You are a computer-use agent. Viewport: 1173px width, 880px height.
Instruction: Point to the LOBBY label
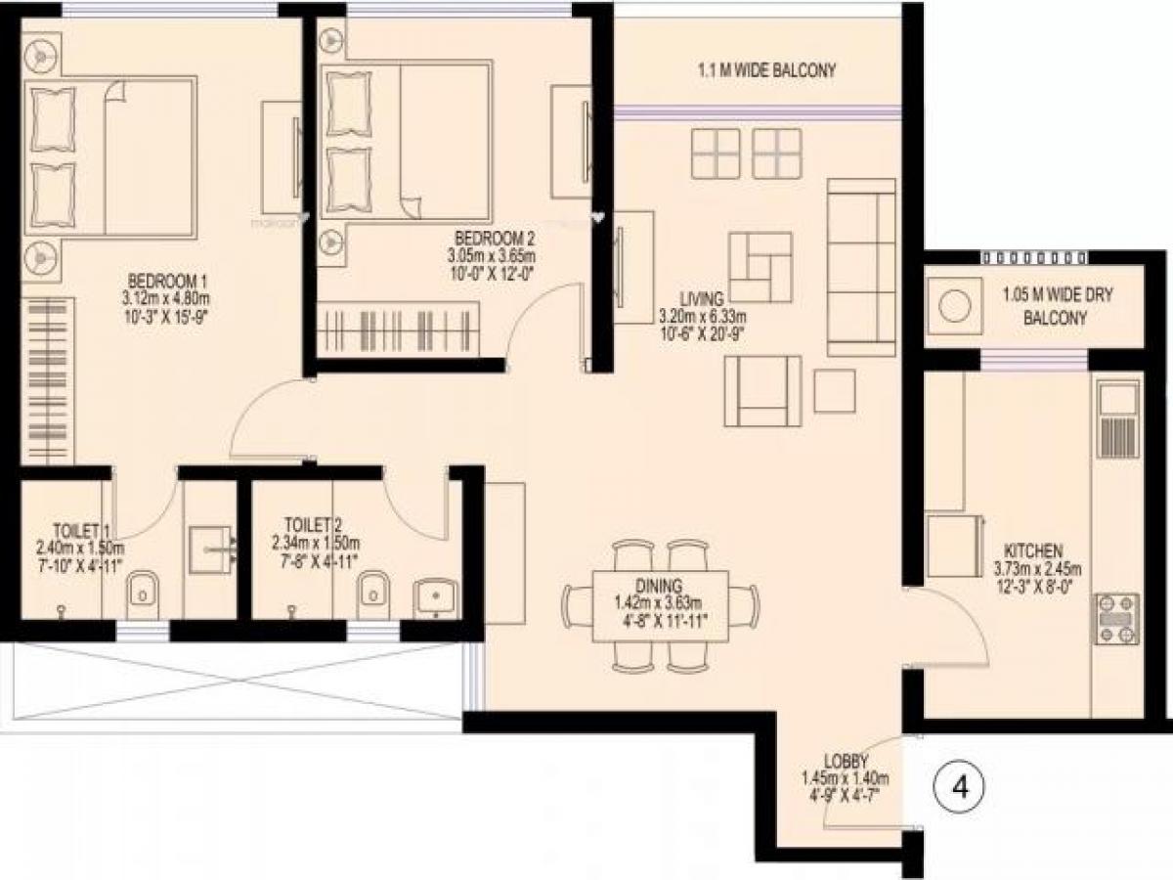[845, 761]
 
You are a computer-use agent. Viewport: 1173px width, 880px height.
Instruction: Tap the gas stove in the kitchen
[1116, 619]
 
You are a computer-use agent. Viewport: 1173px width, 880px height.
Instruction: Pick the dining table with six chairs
[662, 603]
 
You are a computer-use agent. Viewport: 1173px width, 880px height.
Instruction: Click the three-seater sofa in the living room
[861, 268]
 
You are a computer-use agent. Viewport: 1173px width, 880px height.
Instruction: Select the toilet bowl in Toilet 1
[142, 590]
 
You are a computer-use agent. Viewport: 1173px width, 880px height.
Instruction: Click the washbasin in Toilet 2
[433, 596]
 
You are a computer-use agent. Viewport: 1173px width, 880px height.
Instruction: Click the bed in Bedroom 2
[409, 143]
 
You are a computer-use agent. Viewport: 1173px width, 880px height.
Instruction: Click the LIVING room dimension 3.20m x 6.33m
[702, 317]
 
